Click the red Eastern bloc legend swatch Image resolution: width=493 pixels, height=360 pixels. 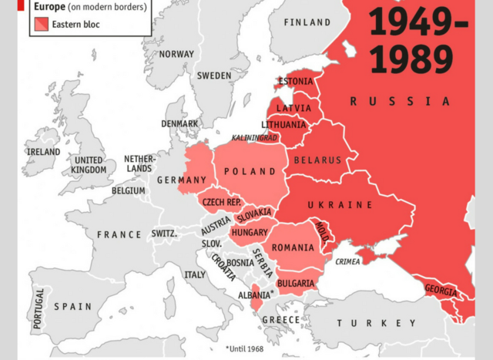tap(41, 24)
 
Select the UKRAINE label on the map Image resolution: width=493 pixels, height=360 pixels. tap(340, 205)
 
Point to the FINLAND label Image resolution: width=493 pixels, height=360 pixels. tap(307, 22)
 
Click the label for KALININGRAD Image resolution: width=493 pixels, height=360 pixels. tap(254, 138)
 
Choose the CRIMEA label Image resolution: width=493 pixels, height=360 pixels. tap(348, 261)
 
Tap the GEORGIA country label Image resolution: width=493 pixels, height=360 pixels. tap(441, 291)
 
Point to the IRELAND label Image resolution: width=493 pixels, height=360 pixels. tap(43, 152)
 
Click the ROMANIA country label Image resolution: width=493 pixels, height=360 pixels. tap(293, 247)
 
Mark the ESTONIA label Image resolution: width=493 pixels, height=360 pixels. tap(295, 82)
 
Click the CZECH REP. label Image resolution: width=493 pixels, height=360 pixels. tap(222, 202)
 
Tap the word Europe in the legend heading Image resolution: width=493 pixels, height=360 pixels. tap(49, 7)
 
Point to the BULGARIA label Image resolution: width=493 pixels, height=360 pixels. tap(295, 284)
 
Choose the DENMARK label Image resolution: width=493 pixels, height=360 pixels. tap(179, 123)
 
